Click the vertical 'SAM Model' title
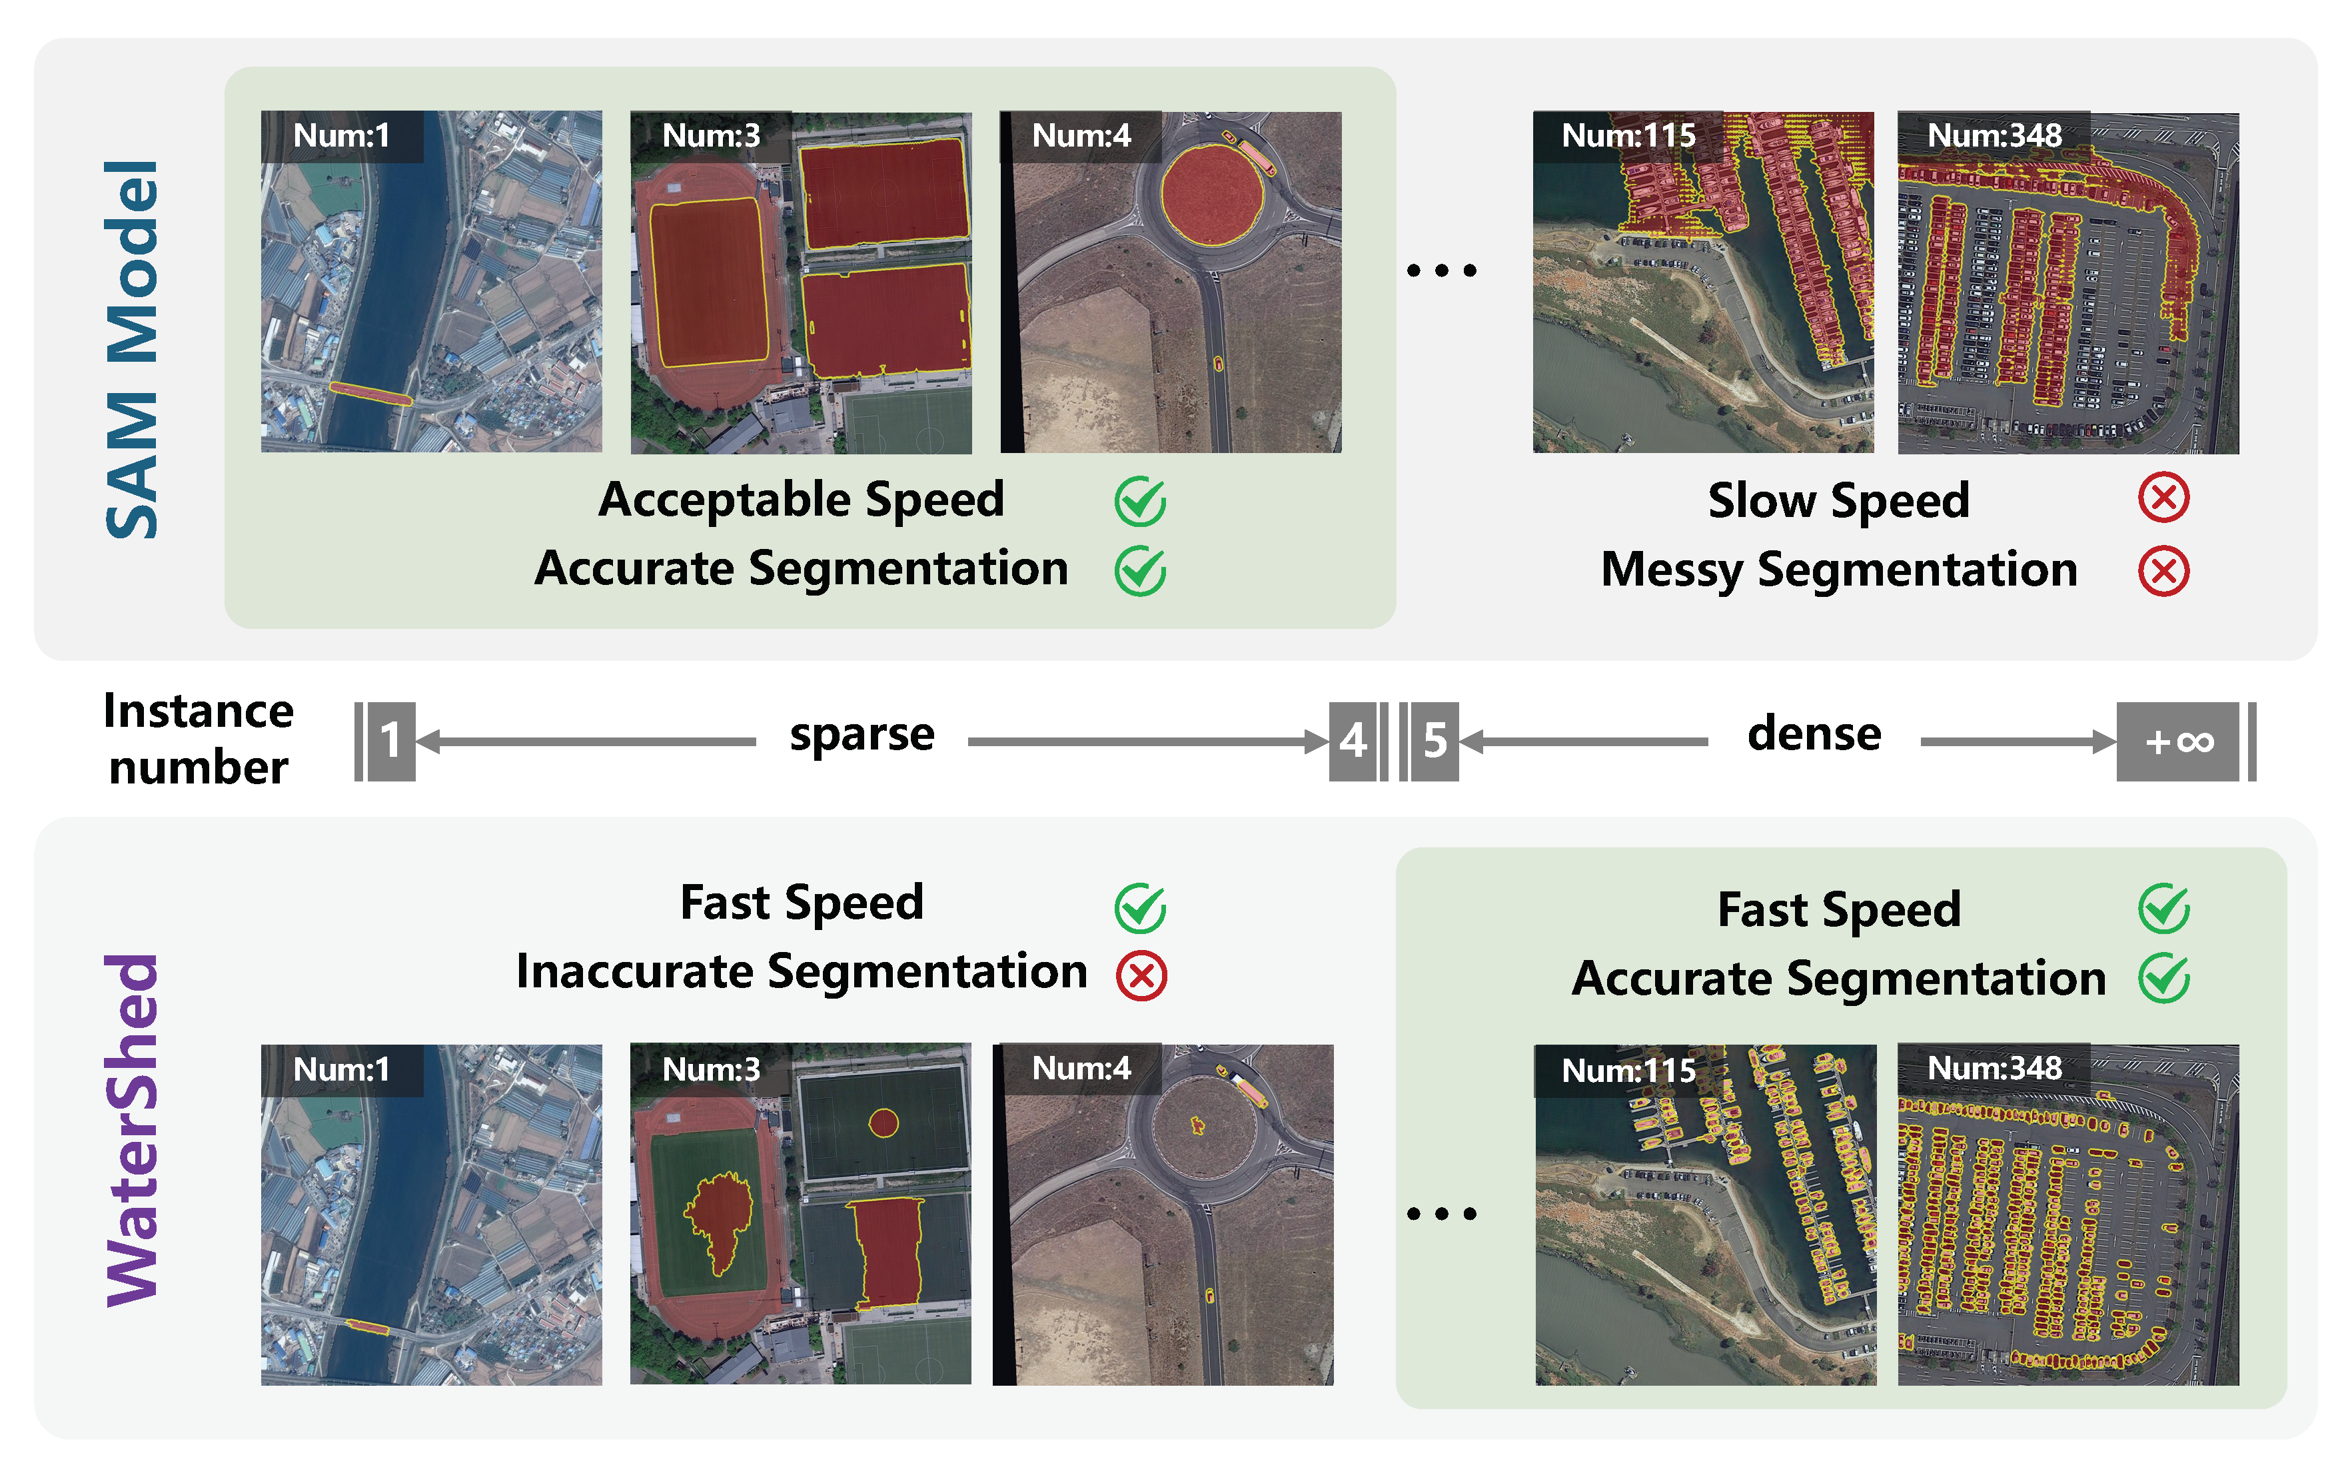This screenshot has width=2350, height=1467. [132, 349]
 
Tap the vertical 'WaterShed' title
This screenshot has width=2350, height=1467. [132, 1131]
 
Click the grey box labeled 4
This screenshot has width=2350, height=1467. [1353, 741]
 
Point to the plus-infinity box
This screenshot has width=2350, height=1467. [2178, 741]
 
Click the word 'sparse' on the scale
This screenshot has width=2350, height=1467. [862, 734]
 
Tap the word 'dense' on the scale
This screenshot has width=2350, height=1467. [1814, 734]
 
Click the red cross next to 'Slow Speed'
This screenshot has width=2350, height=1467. [2163, 499]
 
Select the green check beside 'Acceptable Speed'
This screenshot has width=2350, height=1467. [1140, 502]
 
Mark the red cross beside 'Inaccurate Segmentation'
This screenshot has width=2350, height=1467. [1141, 975]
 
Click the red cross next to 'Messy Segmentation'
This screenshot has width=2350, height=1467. [2163, 570]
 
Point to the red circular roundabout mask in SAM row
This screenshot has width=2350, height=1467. [1212, 194]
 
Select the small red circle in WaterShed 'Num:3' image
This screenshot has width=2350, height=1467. [883, 1123]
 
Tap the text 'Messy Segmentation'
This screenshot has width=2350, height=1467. [1839, 570]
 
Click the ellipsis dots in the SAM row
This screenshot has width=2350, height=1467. [1442, 270]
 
